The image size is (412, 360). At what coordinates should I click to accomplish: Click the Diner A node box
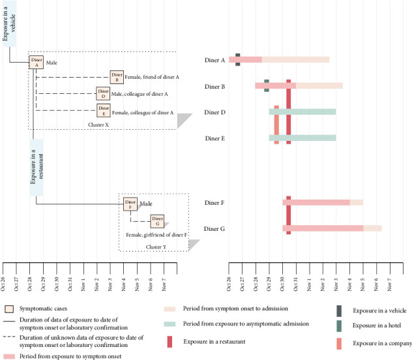point(37,62)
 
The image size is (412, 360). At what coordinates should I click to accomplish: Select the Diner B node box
point(117,77)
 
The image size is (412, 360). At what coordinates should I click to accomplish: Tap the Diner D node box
point(103,94)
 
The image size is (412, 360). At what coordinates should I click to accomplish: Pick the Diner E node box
point(103,110)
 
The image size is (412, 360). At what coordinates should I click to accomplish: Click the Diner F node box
point(130,204)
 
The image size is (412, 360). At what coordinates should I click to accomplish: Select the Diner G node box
point(157,221)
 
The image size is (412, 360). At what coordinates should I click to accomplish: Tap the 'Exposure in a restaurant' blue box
point(37,168)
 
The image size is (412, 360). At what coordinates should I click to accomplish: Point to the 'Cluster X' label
point(101,123)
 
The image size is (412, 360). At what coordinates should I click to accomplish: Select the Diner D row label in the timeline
point(214,112)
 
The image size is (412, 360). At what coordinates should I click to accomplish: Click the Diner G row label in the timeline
point(214,229)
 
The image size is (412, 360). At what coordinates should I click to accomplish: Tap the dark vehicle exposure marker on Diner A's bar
point(238,60)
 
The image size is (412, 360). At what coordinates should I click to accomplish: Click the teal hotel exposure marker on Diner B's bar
point(267,85)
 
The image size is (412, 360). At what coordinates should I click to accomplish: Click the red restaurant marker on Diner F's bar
point(288,202)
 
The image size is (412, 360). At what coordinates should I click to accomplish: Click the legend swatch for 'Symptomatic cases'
point(9,308)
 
